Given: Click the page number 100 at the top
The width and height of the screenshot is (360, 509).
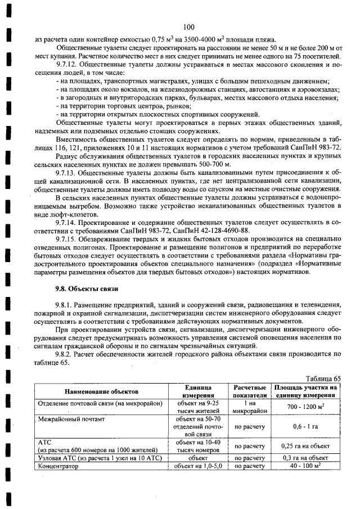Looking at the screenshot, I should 188,27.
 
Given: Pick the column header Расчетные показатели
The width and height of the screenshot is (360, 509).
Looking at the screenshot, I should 249,391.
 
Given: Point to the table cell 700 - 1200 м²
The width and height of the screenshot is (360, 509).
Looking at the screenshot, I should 307,406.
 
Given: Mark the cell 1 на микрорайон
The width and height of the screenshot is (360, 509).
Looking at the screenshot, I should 249,407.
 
